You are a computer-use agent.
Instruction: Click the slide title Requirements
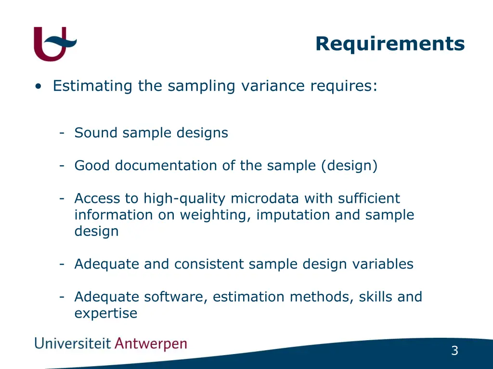pyautogui.click(x=390, y=44)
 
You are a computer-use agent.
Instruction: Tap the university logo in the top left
pyautogui.click(x=54, y=44)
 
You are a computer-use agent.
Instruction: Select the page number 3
pyautogui.click(x=454, y=351)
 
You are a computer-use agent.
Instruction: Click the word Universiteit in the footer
pyautogui.click(x=72, y=344)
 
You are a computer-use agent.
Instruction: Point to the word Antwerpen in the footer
pyautogui.click(x=151, y=344)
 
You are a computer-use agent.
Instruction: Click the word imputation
pyautogui.click(x=293, y=215)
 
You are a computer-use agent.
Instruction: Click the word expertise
pyautogui.click(x=106, y=314)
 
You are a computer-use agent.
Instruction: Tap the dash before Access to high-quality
pyautogui.click(x=62, y=198)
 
